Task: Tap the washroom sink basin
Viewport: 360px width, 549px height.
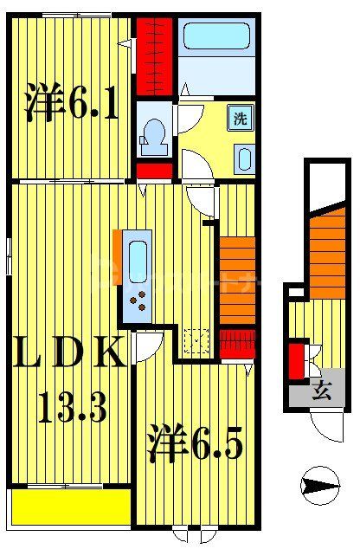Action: point(244,159)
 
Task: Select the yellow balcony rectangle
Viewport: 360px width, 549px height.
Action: point(70,507)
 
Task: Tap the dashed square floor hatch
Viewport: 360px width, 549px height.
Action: point(198,342)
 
